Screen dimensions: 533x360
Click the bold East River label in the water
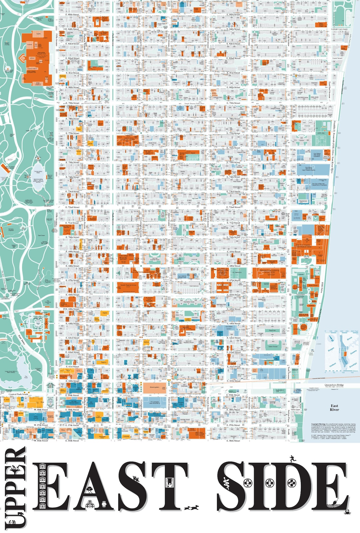pos(334,408)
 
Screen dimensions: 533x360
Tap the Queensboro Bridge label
pos(334,385)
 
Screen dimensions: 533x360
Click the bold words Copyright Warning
pos(318,424)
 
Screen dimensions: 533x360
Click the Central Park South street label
pos(18,394)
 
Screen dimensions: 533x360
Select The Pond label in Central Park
pos(26,377)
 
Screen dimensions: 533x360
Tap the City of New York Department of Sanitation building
pos(319,184)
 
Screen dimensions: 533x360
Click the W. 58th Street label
pos(41,410)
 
